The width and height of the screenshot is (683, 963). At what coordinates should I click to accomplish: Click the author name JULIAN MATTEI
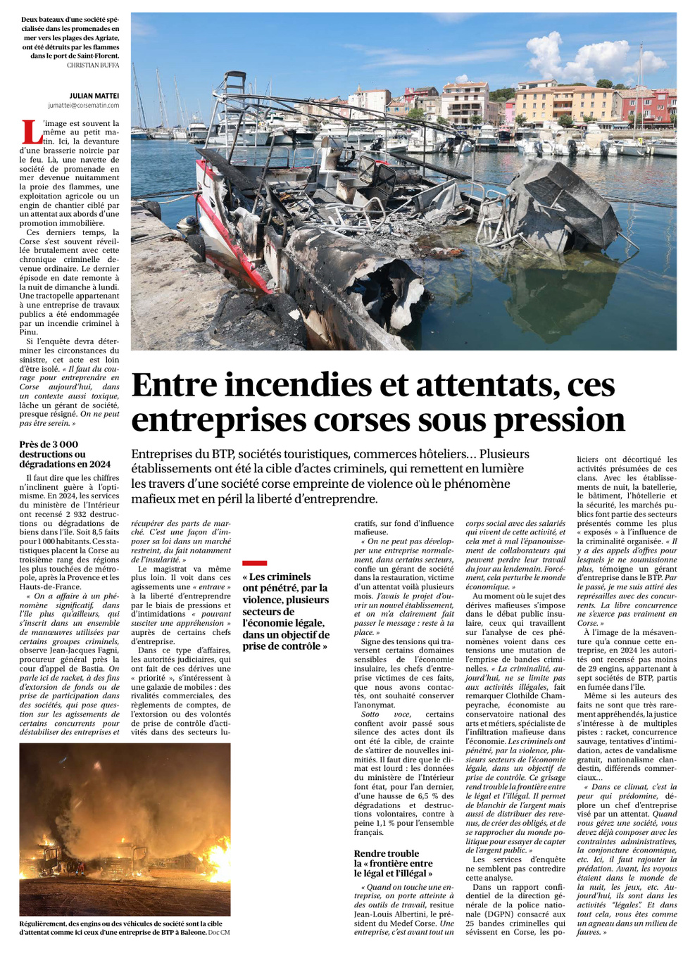click(x=94, y=96)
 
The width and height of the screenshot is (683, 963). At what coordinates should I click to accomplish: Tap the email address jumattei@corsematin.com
click(x=84, y=106)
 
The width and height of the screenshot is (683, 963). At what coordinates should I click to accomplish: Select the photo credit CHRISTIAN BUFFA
click(x=93, y=65)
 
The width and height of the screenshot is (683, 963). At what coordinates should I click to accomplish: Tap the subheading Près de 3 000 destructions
click(x=65, y=454)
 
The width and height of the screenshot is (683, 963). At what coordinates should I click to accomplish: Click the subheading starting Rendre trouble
click(x=393, y=863)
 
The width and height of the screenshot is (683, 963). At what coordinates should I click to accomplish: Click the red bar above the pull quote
click(x=254, y=563)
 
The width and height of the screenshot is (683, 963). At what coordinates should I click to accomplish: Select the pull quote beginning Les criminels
click(x=285, y=611)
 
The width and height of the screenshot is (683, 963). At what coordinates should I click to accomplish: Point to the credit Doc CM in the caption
click(x=218, y=933)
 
